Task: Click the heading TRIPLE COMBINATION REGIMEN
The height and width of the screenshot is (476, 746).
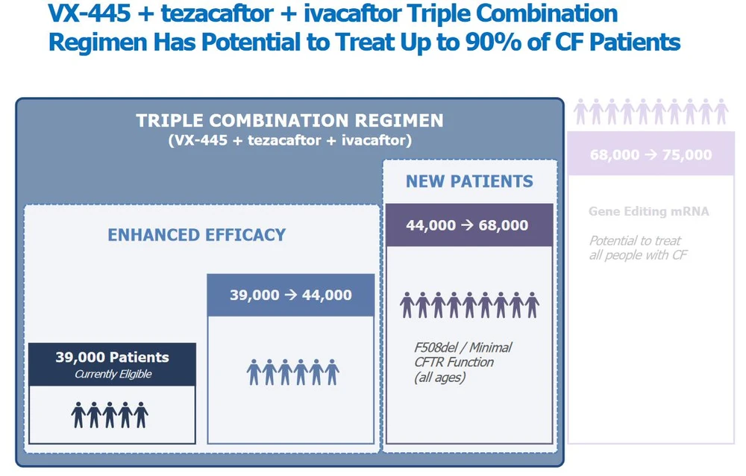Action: coord(289,120)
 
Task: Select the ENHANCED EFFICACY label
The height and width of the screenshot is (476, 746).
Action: coord(196,235)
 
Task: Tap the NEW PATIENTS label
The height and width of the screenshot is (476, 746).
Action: coord(469,181)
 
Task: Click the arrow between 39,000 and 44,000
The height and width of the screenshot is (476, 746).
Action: coord(291,295)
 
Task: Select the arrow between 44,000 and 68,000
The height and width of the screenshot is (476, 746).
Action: coord(467,225)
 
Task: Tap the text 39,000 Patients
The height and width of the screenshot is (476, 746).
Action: coord(113,357)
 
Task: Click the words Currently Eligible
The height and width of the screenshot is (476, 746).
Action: coord(113,374)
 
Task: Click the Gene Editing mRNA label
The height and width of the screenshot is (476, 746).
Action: coord(648,211)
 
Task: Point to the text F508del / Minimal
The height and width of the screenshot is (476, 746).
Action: coord(463,347)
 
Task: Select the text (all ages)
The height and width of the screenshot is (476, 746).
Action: coord(439,378)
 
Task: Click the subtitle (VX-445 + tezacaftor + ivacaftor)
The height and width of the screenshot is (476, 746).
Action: coord(289,140)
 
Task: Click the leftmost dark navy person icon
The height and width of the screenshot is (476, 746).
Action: coord(78,415)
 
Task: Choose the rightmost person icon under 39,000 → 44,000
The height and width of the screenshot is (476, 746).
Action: coord(332,372)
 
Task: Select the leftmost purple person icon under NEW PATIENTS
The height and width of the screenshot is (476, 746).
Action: coord(407,305)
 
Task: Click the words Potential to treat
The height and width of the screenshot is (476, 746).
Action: coord(635,241)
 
